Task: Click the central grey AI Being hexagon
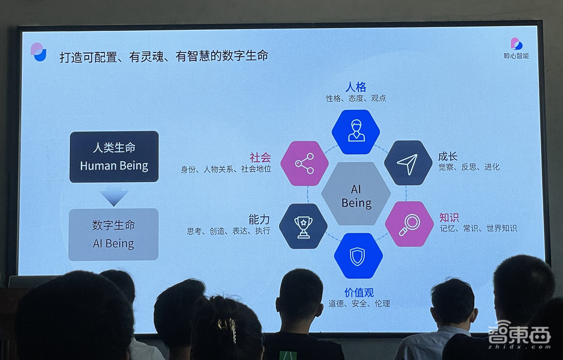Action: [356, 195]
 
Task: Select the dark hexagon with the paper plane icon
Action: [408, 163]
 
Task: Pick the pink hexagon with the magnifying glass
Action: [409, 224]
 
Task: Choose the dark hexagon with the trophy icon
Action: [303, 226]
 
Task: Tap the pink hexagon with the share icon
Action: [304, 163]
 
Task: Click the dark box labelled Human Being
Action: [114, 157]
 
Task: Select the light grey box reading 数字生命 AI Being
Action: [113, 234]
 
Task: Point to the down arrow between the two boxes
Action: [114, 197]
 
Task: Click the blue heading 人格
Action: [356, 87]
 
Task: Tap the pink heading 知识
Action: [449, 217]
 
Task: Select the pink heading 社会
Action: [260, 157]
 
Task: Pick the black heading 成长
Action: [448, 156]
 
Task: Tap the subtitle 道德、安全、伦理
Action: [359, 304]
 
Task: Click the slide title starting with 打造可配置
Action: [163, 56]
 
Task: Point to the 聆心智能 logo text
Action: [516, 56]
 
